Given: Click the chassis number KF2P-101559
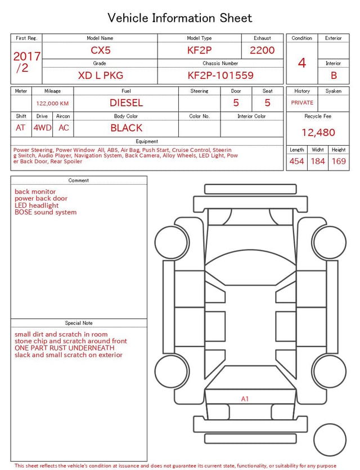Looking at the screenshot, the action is (220, 75).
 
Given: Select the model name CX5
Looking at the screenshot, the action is (101, 50).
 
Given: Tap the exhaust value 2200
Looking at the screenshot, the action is (262, 50).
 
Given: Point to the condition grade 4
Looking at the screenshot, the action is (302, 63).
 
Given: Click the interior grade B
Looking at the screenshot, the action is (334, 75).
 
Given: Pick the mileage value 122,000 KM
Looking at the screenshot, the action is (52, 104).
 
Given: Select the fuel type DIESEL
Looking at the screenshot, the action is (126, 103).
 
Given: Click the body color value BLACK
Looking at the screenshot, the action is (126, 128).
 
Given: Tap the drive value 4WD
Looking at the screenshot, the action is (42, 128).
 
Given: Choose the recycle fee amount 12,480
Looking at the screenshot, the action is (318, 132).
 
